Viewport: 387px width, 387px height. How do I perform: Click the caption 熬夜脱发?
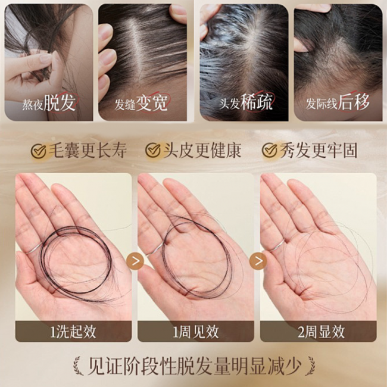pyautogui.click(x=49, y=102)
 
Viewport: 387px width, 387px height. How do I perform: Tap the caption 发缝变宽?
pyautogui.click(x=141, y=102)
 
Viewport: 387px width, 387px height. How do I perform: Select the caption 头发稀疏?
pyautogui.click(x=246, y=102)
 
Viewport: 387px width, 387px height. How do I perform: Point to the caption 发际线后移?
pyautogui.click(x=338, y=102)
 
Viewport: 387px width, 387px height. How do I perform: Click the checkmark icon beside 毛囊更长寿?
pyautogui.click(x=39, y=151)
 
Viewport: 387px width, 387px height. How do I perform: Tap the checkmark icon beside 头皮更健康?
pyautogui.click(x=153, y=150)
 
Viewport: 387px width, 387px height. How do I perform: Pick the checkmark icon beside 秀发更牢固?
pyautogui.click(x=270, y=150)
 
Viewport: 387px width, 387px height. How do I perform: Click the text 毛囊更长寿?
pyautogui.click(x=88, y=151)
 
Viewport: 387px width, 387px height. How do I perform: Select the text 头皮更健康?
pyautogui.click(x=202, y=150)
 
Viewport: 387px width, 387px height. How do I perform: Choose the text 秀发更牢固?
pyautogui.click(x=319, y=150)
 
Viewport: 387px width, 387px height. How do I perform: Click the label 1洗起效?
pyautogui.click(x=73, y=332)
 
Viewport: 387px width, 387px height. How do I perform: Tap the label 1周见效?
pyautogui.click(x=195, y=332)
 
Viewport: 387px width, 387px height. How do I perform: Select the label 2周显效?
pyautogui.click(x=321, y=332)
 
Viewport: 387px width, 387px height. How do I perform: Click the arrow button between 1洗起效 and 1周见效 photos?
pyautogui.click(x=135, y=261)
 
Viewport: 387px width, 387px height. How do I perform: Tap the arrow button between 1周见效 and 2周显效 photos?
pyautogui.click(x=258, y=261)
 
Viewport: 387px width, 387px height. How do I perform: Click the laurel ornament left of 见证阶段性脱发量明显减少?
pyautogui.click(x=77, y=366)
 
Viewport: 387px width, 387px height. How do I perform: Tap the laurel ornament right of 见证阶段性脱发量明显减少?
pyautogui.click(x=310, y=366)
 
